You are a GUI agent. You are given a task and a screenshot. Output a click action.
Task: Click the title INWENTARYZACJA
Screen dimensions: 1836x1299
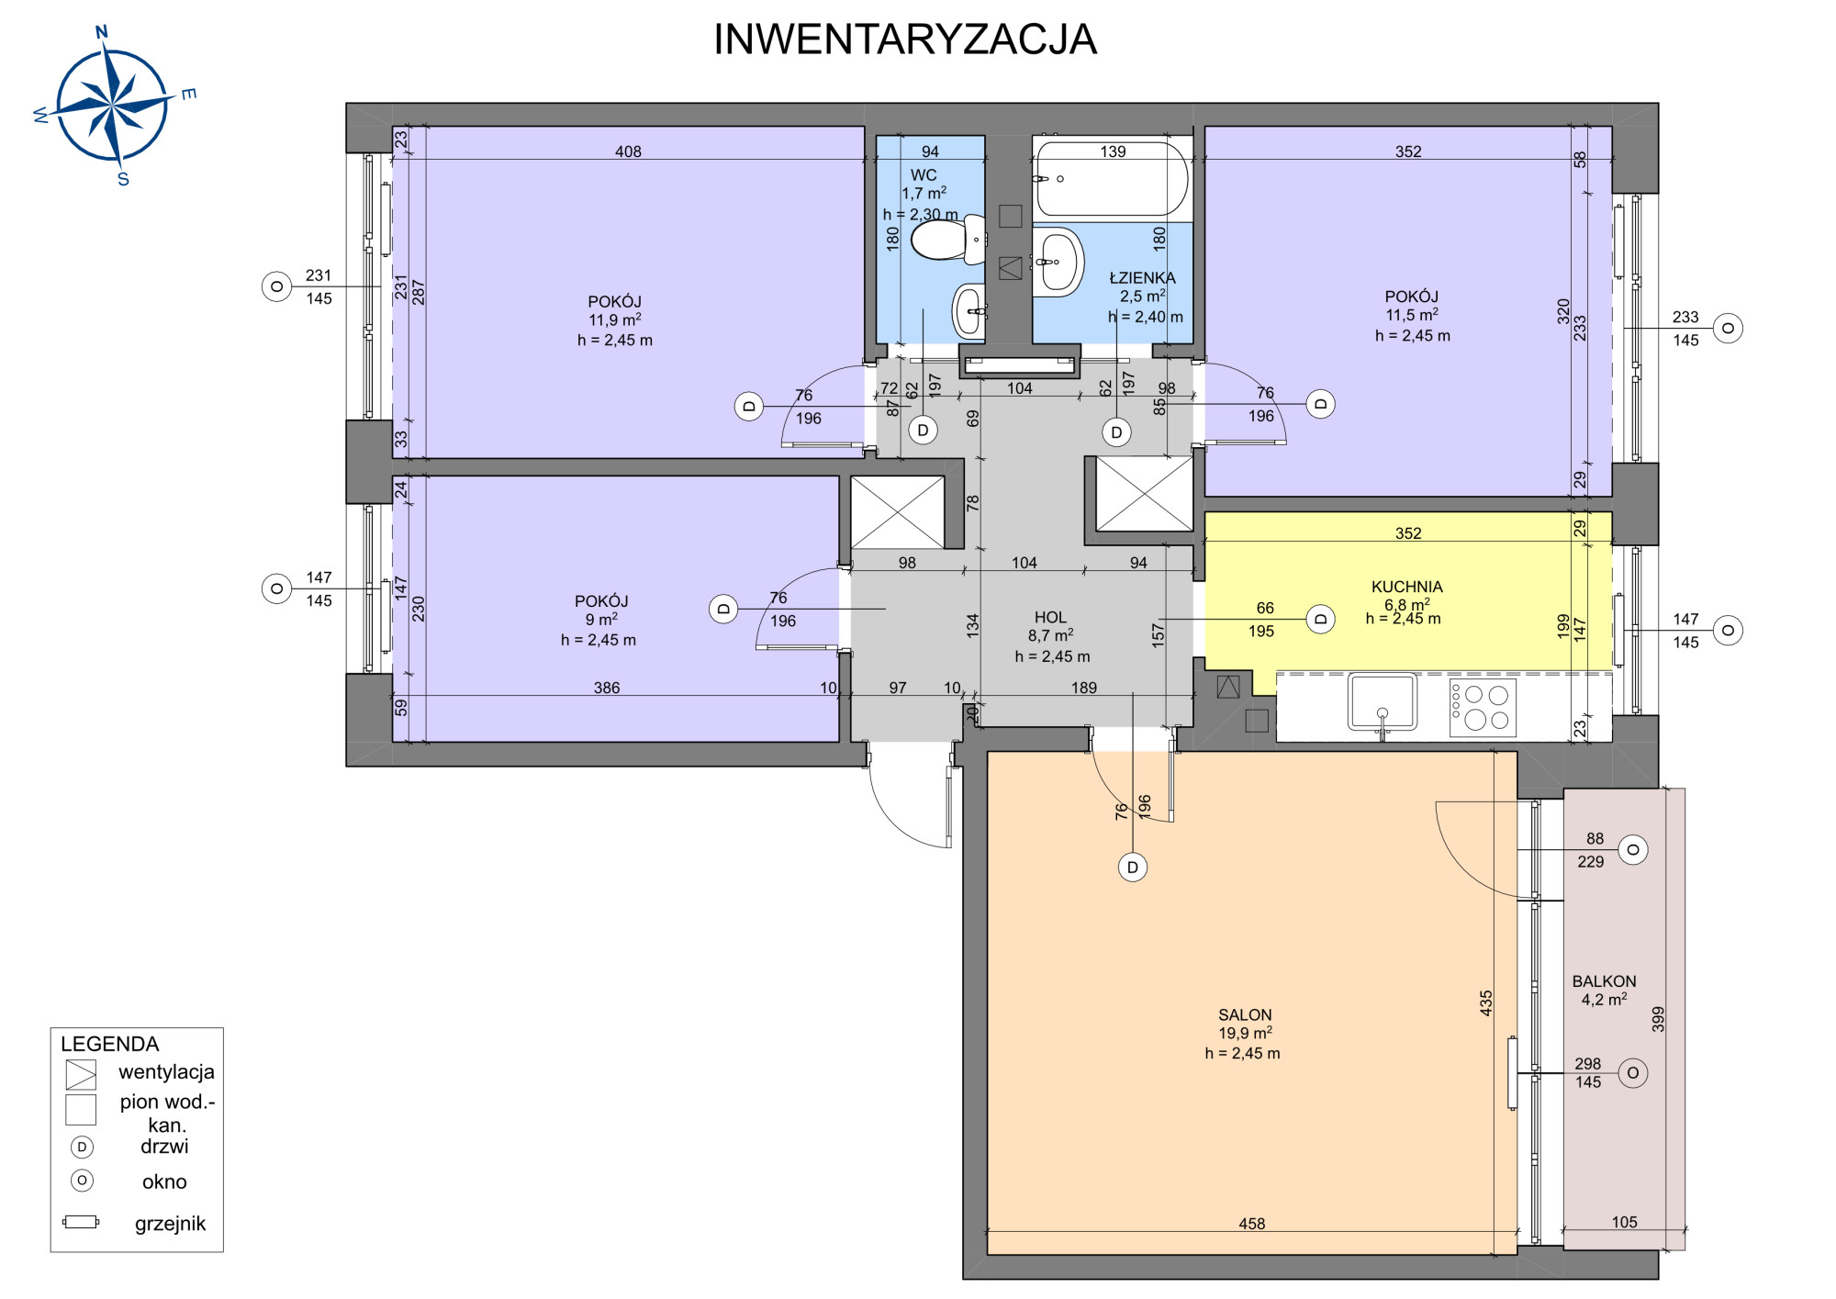(905, 39)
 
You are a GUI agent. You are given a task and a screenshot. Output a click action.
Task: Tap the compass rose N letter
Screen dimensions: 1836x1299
(102, 33)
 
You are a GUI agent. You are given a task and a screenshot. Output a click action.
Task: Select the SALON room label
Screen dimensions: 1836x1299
(1245, 1014)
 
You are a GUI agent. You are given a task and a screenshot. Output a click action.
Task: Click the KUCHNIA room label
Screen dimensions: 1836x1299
(1406, 587)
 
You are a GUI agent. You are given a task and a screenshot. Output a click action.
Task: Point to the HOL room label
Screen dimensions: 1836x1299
(1050, 618)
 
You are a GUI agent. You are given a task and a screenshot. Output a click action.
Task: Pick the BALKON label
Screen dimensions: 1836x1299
(1604, 981)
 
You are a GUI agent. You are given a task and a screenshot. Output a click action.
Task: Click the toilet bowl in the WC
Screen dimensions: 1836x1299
(946, 239)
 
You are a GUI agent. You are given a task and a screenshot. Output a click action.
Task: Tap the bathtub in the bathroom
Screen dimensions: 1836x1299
(1112, 178)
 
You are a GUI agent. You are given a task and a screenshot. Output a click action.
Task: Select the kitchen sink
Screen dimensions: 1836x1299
(1382, 704)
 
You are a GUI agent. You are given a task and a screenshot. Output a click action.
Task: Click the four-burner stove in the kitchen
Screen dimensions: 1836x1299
(1482, 708)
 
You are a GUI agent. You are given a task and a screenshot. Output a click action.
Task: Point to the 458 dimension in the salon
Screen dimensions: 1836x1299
(1251, 1224)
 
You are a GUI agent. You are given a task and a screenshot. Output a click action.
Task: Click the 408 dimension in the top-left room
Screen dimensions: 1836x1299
(628, 151)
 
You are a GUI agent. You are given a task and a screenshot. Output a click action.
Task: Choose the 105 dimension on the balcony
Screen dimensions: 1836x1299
(1624, 1222)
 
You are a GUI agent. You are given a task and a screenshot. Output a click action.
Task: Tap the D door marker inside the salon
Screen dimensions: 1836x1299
(1133, 868)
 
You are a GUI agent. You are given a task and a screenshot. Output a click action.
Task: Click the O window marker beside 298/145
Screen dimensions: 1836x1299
(1632, 1072)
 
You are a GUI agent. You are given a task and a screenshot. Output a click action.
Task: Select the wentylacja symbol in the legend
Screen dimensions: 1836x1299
(81, 1074)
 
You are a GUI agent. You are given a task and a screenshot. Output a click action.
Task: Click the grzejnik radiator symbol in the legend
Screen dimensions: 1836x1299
(81, 1222)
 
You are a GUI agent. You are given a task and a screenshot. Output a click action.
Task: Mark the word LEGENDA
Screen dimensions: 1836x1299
(109, 1044)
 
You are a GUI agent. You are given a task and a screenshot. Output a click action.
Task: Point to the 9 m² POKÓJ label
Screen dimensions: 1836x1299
(600, 620)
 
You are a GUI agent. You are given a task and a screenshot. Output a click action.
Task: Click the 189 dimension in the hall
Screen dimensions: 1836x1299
(1084, 688)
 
